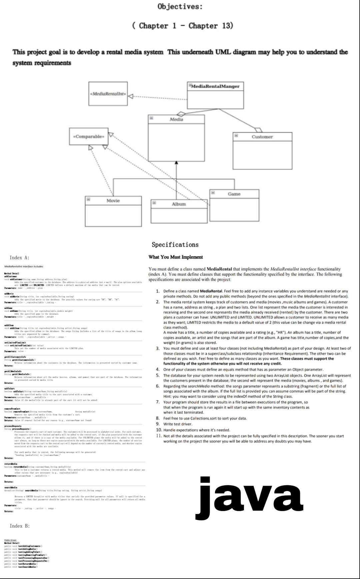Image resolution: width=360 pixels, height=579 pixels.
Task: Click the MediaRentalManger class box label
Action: (215, 86)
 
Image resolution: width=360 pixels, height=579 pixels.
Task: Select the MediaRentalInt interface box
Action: (108, 94)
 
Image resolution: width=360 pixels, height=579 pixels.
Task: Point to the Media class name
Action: (176, 119)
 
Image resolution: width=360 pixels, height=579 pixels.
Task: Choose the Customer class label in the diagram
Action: (262, 137)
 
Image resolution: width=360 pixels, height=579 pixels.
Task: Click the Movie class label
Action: (113, 201)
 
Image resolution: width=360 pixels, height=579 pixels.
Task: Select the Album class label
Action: (179, 204)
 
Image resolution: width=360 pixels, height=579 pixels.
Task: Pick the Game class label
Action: (234, 194)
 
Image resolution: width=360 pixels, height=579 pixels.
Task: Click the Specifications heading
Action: (175, 245)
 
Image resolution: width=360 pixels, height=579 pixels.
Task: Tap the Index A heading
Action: (19, 258)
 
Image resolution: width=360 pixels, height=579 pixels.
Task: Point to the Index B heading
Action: (20, 526)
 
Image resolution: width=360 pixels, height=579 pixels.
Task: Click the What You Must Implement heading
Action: (176, 257)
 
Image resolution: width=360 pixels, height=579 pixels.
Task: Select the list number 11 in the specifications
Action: (159, 436)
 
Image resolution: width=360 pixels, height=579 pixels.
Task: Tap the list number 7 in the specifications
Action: (158, 402)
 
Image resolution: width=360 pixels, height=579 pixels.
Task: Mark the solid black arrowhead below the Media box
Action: (176, 162)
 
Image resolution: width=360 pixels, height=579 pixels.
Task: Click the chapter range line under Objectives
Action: (183, 26)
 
